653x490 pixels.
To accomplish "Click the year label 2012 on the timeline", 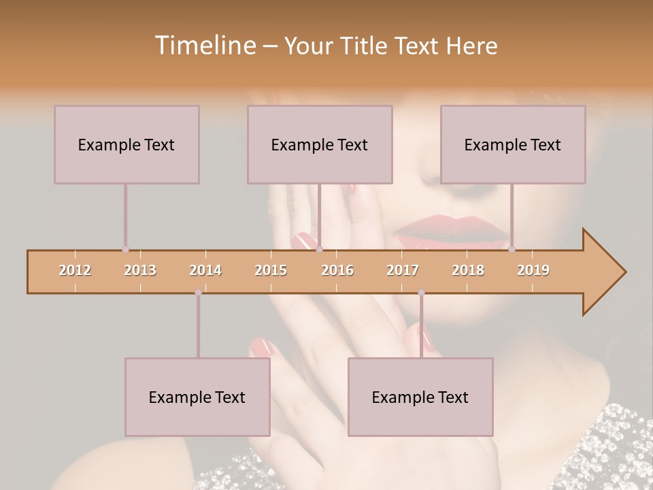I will tap(75, 270).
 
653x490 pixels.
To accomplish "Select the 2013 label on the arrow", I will tap(140, 270).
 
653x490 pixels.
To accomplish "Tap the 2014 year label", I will tap(205, 270).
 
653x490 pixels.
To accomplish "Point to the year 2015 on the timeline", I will tap(271, 270).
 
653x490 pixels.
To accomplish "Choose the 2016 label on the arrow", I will tap(337, 270).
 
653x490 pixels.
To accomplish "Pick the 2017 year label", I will tap(403, 270).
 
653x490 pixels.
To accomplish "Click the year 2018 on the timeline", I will tap(468, 270).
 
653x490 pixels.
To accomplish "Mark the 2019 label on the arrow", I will tap(533, 270).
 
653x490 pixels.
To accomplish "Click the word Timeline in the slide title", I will tap(203, 46).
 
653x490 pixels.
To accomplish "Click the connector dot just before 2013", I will tap(125, 250).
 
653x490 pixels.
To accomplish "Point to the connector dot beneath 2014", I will tap(198, 293).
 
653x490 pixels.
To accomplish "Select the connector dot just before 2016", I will tap(319, 250).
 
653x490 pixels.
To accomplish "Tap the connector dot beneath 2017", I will tap(421, 293).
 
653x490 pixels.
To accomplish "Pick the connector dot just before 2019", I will tap(512, 250).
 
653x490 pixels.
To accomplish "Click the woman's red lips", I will tap(452, 231).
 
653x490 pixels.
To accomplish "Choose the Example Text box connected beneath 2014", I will tap(197, 397).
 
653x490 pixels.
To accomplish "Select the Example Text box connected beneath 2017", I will tap(420, 397).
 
